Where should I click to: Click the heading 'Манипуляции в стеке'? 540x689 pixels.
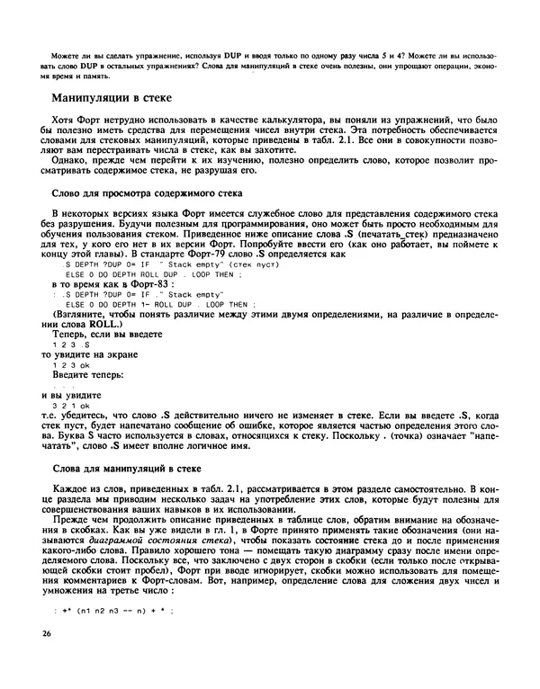click(118, 97)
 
